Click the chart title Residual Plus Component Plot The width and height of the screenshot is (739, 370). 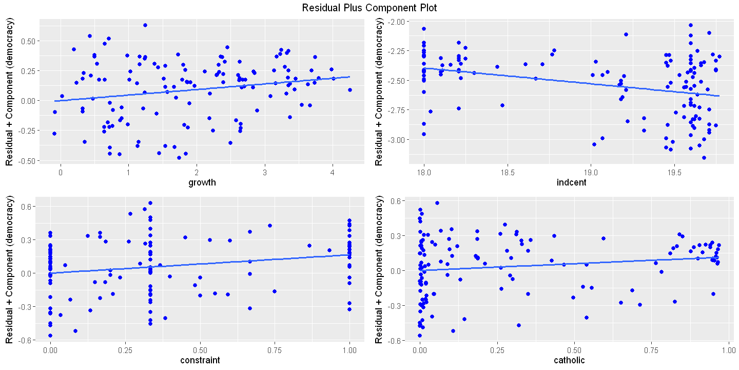(369, 8)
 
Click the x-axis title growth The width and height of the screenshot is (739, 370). (201, 182)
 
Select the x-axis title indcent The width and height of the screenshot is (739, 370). (570, 182)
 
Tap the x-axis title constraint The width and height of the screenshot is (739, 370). (201, 360)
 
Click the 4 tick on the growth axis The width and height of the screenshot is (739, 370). (333, 172)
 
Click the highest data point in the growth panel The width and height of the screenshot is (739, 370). (145, 25)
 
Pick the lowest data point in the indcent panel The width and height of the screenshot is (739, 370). (704, 158)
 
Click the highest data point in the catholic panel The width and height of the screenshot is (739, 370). (437, 203)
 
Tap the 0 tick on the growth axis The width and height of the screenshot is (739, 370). (61, 172)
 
